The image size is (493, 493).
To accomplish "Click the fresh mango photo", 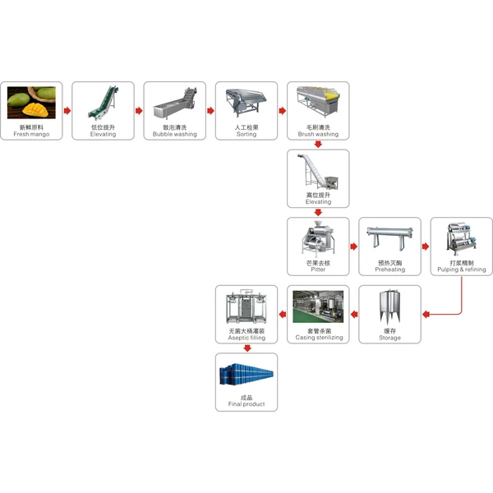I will coord(31,103).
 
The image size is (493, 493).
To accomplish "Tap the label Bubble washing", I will coord(174,134).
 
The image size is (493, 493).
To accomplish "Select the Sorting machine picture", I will coord(246,103).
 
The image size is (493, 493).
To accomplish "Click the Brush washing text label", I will coord(318,134).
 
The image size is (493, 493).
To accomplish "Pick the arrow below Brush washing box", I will coord(318,144).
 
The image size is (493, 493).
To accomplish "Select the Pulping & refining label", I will coord(462,270).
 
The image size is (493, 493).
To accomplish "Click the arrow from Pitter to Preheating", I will coord(353,246).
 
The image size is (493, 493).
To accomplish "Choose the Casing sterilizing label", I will coord(318,338).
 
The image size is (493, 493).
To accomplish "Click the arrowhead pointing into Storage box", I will coord(426,314).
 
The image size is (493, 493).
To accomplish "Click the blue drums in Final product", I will coord(246,375).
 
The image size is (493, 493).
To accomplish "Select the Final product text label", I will coord(246,404).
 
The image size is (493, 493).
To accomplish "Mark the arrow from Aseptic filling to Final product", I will coord(246,348).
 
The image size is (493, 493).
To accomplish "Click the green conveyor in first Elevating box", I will coord(103,103).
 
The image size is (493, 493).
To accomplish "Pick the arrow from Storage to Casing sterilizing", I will coord(353,314).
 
